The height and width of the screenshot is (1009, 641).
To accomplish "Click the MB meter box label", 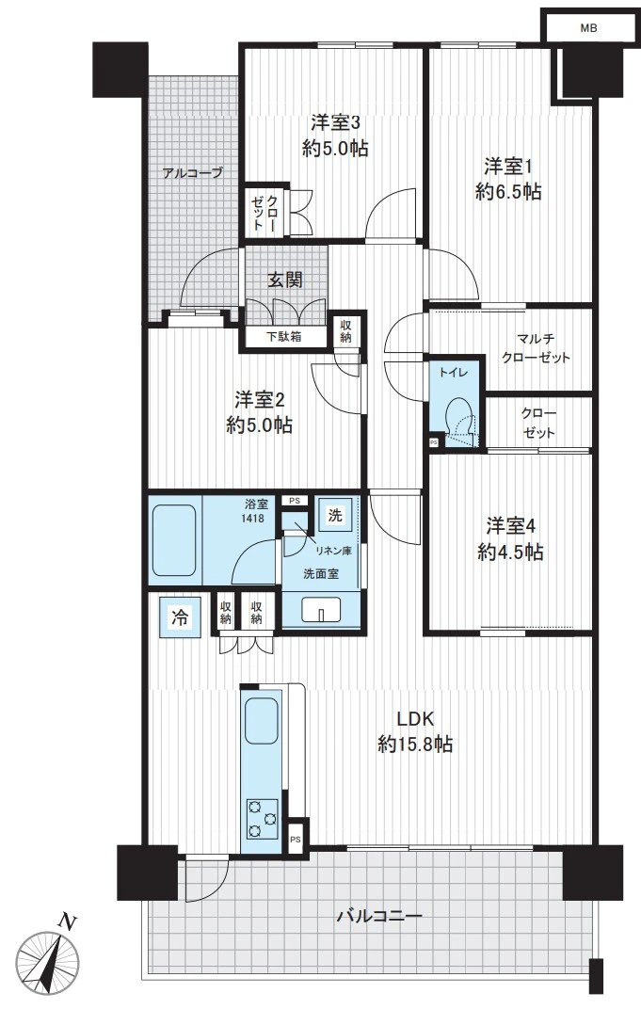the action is pos(588,28).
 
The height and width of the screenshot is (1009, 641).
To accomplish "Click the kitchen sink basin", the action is pos(262,721).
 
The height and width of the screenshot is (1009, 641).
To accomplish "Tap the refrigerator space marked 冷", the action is pos(180,617).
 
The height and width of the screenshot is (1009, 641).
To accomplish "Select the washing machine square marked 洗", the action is pos(335,515).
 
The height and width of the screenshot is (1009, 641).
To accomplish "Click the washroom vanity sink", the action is pos(321,608).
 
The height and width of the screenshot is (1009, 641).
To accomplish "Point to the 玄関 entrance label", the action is pos(285,280).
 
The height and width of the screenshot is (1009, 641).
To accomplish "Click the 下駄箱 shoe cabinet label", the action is pos(284,336).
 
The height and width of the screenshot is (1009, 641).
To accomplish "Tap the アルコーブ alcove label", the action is pos(192,172).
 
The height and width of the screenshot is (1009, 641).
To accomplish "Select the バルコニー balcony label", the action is pos(379,915).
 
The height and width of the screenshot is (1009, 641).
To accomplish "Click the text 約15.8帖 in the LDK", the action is pos(415,745).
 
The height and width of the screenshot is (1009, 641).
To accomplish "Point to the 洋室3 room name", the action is pos(335,121).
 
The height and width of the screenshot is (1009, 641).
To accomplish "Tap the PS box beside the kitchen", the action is pos(296,840).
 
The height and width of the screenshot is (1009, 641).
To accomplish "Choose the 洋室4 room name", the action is pos(511,526).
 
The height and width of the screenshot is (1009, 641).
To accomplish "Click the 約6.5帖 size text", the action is pos(508,192).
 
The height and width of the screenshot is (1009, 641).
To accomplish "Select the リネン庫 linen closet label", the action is pos(332,551).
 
